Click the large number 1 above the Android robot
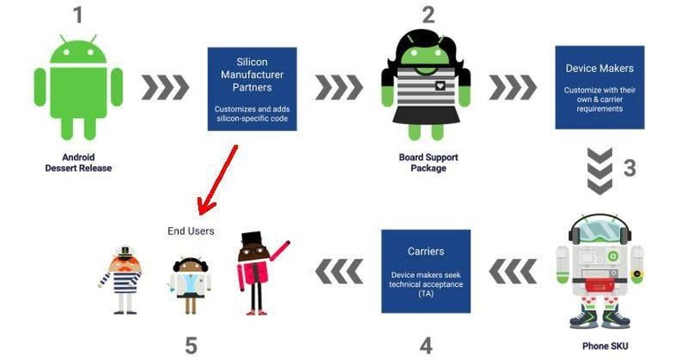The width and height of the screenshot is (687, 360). pos(78,16)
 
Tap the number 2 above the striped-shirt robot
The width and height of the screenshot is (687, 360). pos(428,15)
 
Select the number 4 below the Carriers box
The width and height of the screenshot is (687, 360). pos(426,345)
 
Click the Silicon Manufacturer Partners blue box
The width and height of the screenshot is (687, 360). pos(252,89)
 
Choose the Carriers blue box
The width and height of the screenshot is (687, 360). pos(425,271)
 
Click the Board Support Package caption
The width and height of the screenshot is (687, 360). pos(428,163)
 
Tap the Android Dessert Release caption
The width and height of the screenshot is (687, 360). pos(78,163)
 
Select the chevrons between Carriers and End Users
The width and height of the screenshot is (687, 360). pos(340,270)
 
